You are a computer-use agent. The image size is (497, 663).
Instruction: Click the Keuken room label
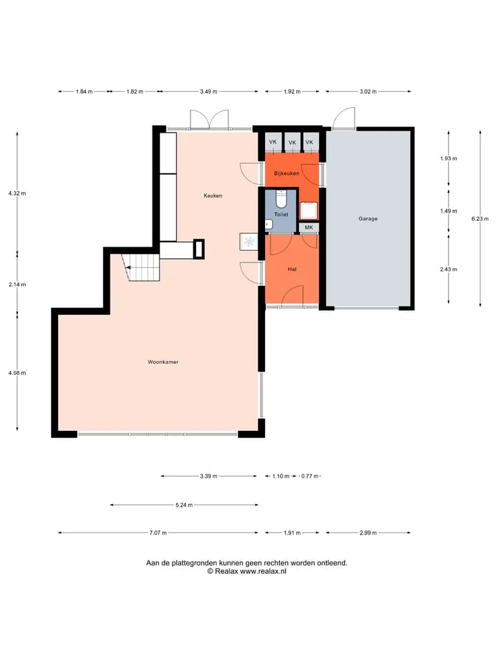point(213,195)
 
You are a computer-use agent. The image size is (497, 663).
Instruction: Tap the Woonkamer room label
point(163,362)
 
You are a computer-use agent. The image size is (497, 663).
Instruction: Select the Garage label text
point(368,219)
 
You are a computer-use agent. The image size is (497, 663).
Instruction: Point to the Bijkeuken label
point(286,173)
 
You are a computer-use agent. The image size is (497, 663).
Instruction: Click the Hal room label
point(292,269)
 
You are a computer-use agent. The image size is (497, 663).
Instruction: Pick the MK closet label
point(309,227)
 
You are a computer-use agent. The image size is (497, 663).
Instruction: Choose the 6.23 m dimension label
point(480,219)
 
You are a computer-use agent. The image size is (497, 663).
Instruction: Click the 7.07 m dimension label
point(158,532)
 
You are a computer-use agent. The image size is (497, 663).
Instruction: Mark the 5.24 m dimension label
point(184,505)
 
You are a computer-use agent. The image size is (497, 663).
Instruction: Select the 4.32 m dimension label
point(17,193)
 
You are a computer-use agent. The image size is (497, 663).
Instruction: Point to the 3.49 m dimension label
point(208,91)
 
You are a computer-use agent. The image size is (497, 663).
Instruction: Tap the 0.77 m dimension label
point(310,476)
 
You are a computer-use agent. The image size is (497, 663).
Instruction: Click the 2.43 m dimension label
point(449,269)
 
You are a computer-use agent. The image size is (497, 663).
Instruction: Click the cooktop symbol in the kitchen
point(249,242)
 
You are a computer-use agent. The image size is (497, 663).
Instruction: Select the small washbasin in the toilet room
point(268,224)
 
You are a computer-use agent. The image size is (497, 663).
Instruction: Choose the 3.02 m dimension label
point(368,91)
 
